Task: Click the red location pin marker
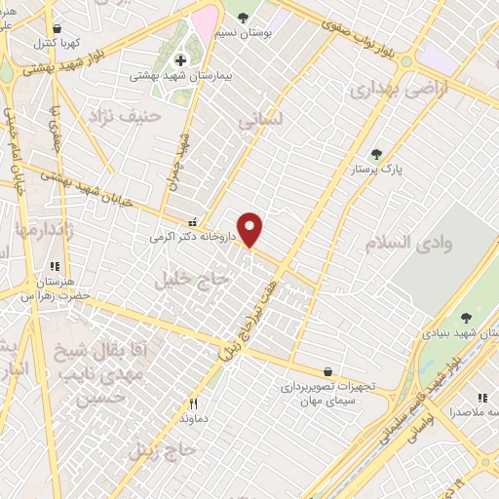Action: pyautogui.click(x=251, y=229)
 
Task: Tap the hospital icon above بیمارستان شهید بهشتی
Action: pyautogui.click(x=180, y=60)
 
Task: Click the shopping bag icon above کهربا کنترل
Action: pyautogui.click(x=58, y=29)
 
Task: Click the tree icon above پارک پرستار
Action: pyautogui.click(x=377, y=154)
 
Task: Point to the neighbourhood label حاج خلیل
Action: pyautogui.click(x=190, y=280)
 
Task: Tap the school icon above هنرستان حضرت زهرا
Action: pyautogui.click(x=55, y=266)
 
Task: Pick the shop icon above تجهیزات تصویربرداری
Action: pyautogui.click(x=326, y=371)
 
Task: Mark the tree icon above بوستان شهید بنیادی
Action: pyautogui.click(x=465, y=318)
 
